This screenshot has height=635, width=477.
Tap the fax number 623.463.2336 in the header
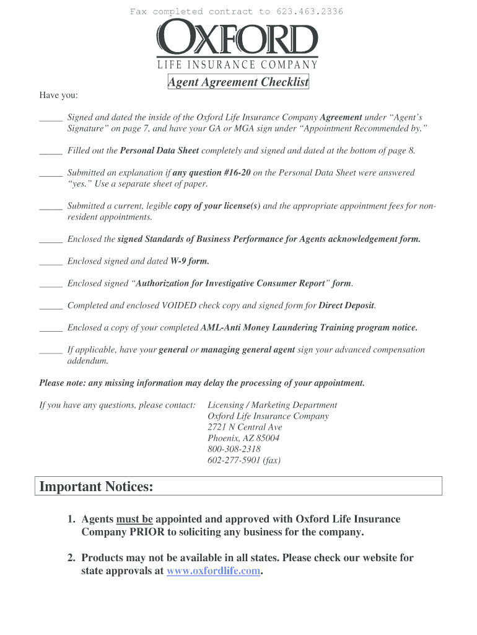pyautogui.click(x=309, y=12)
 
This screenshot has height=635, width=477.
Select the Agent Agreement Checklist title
pyautogui.click(x=239, y=82)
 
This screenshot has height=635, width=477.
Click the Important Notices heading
pyautogui.click(x=96, y=487)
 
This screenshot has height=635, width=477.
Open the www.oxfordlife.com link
pyautogui.click(x=214, y=571)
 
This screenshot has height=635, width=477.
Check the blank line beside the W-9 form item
pyautogui.click(x=51, y=262)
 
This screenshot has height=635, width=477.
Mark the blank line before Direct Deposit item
pyautogui.click(x=51, y=306)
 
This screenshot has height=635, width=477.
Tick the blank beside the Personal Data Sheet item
pyautogui.click(x=51, y=151)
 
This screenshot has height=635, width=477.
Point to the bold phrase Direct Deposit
pyautogui.click(x=346, y=306)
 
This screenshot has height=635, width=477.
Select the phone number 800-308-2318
pyautogui.click(x=234, y=449)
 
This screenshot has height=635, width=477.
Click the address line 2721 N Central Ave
pyautogui.click(x=245, y=427)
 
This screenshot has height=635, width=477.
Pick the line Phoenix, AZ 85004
pyautogui.click(x=243, y=438)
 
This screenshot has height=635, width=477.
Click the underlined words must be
pyautogui.click(x=134, y=519)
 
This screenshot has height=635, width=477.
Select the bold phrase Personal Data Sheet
pyautogui.click(x=159, y=151)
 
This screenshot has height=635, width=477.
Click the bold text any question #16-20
pyautogui.click(x=211, y=173)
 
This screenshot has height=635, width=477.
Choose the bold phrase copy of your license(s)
pyautogui.click(x=217, y=206)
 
